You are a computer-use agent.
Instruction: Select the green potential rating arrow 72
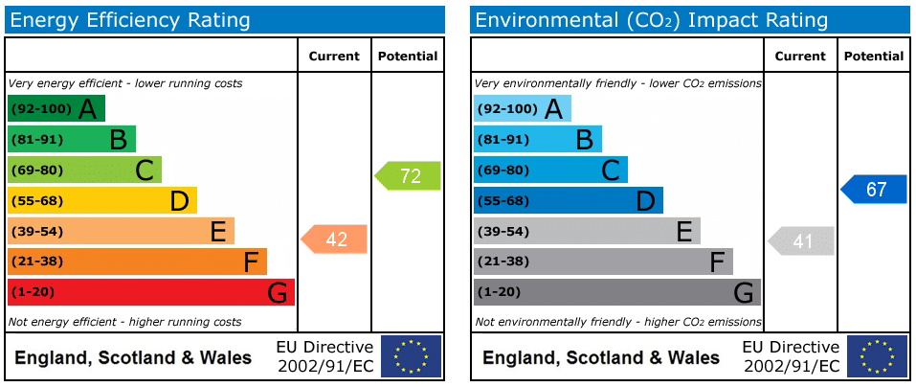[409, 176]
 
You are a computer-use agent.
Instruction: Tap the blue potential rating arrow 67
[875, 190]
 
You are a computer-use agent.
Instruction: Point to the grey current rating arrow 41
[802, 241]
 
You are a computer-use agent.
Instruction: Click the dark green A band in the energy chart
[56, 109]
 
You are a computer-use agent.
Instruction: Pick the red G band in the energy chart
[150, 292]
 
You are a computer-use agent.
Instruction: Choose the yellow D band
[101, 200]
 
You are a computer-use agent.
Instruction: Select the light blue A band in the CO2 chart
[522, 109]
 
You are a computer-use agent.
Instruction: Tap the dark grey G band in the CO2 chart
[616, 292]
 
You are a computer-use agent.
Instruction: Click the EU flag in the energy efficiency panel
[411, 356]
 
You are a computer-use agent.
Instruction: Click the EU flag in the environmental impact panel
[877, 356]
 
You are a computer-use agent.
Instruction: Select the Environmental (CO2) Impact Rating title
[651, 20]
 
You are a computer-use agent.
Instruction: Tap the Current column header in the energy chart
[334, 57]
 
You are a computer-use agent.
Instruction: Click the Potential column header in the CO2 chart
[873, 57]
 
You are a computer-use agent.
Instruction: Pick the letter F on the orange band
[252, 262]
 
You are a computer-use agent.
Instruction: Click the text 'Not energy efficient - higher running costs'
[124, 322]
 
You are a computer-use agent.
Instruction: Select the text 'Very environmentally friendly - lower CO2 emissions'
[618, 83]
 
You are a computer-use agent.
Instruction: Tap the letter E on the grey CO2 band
[684, 231]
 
